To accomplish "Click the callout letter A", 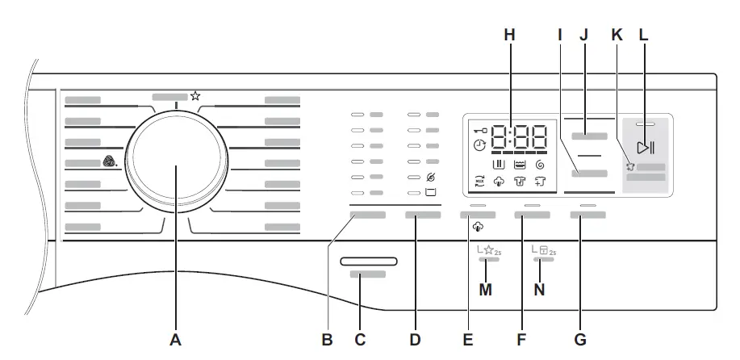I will pyautogui.click(x=175, y=341).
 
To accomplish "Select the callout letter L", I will pyautogui.click(x=644, y=37).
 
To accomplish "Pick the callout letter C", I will pyautogui.click(x=361, y=341).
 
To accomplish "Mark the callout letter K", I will pyautogui.click(x=618, y=37).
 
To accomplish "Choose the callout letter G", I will pyautogui.click(x=579, y=341).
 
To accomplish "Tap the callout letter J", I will pyautogui.click(x=583, y=37).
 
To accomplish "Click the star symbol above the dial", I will pyautogui.click(x=195, y=96).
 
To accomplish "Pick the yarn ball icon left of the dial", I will pyautogui.click(x=110, y=162).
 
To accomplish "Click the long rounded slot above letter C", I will pyautogui.click(x=368, y=261).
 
